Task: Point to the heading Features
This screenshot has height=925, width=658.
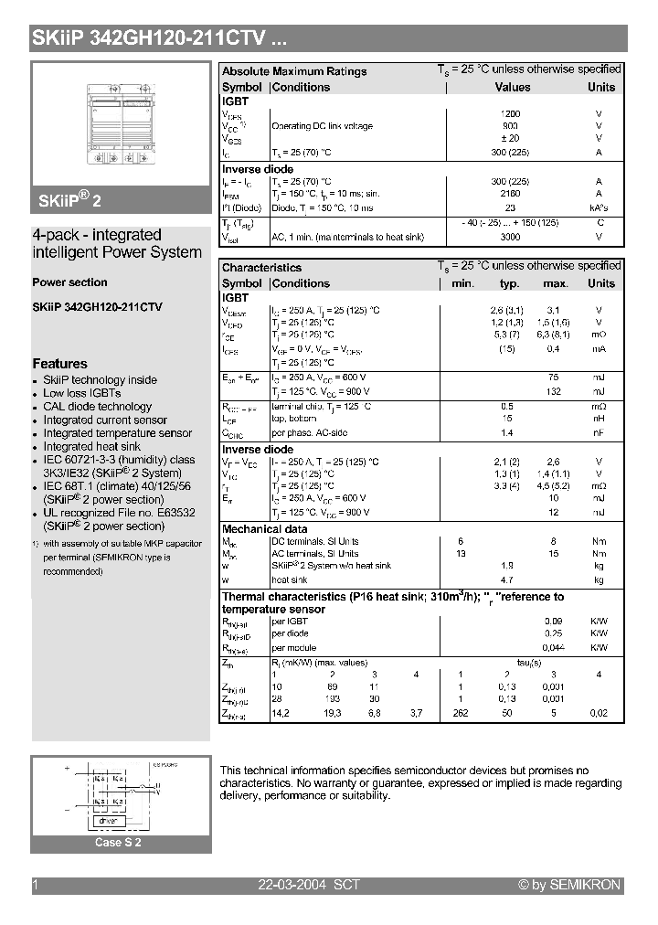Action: tap(59, 364)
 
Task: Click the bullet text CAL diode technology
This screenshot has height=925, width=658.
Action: tap(98, 407)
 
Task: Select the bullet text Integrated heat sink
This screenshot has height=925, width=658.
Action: tap(91, 447)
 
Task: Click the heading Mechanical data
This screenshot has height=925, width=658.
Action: tap(265, 529)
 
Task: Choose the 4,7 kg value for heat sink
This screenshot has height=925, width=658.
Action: tap(507, 579)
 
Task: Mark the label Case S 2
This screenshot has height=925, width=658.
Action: tap(119, 843)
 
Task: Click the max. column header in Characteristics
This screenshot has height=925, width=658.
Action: tap(556, 283)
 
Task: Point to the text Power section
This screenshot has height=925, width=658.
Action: tap(69, 282)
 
